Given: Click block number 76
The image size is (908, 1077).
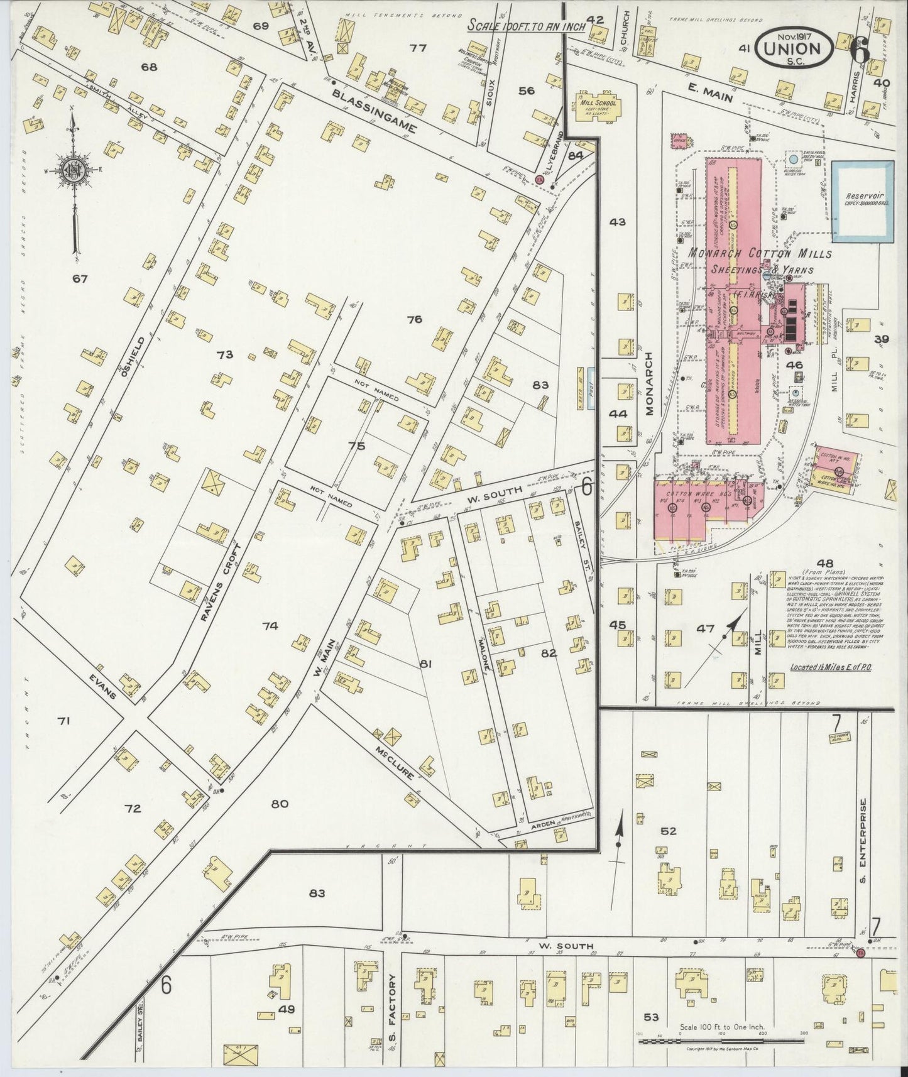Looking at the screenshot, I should pos(414,319).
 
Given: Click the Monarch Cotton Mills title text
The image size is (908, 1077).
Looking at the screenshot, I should pos(760,254).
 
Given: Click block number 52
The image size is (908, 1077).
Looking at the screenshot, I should pos(668,831).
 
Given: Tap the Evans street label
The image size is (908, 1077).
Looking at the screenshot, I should pos(104,687).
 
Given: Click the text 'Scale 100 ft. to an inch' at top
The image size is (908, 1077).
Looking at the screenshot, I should pos(527,26).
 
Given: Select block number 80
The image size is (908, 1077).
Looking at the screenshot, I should pos(280,803).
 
